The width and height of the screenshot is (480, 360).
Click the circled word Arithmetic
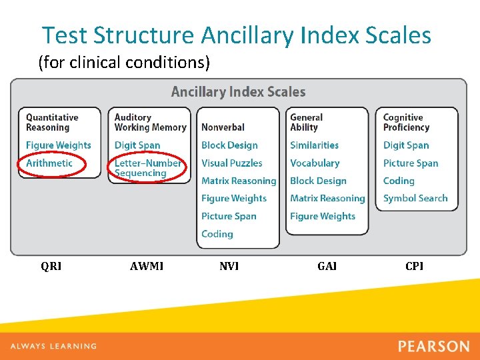pyautogui.click(x=49, y=163)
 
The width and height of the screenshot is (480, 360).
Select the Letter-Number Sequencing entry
pyautogui.click(x=147, y=168)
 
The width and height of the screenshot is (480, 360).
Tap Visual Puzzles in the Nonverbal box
pyautogui.click(x=231, y=163)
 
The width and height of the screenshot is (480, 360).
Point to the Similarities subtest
pyautogui.click(x=314, y=145)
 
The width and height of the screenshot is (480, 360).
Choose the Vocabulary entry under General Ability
pyautogui.click(x=315, y=163)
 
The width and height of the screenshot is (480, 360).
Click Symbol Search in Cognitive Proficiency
pyautogui.click(x=415, y=199)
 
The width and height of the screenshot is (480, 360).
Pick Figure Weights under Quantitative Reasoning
pyautogui.click(x=59, y=145)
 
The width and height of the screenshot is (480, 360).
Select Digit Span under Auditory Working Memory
pyautogui.click(x=137, y=145)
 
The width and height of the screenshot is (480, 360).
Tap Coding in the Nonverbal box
pyautogui.click(x=217, y=234)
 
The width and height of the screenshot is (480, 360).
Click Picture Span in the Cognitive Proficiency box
pyautogui.click(x=411, y=163)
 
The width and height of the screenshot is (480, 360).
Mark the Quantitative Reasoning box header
pyautogui.click(x=52, y=122)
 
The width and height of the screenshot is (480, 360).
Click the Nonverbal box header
pyautogui.click(x=223, y=127)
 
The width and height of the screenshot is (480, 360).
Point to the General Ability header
pyautogui.click(x=306, y=122)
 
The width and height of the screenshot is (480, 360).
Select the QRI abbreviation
pyautogui.click(x=51, y=267)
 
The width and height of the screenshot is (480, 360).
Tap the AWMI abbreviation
pyautogui.click(x=147, y=267)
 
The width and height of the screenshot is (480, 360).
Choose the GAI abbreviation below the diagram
pyautogui.click(x=327, y=267)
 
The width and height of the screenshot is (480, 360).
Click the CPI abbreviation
pyautogui.click(x=414, y=267)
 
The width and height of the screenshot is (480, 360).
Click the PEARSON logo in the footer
pyautogui.click(x=433, y=346)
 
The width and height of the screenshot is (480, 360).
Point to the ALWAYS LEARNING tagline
pyautogui.click(x=53, y=346)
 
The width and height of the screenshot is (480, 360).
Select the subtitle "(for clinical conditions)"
pyautogui.click(x=124, y=63)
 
